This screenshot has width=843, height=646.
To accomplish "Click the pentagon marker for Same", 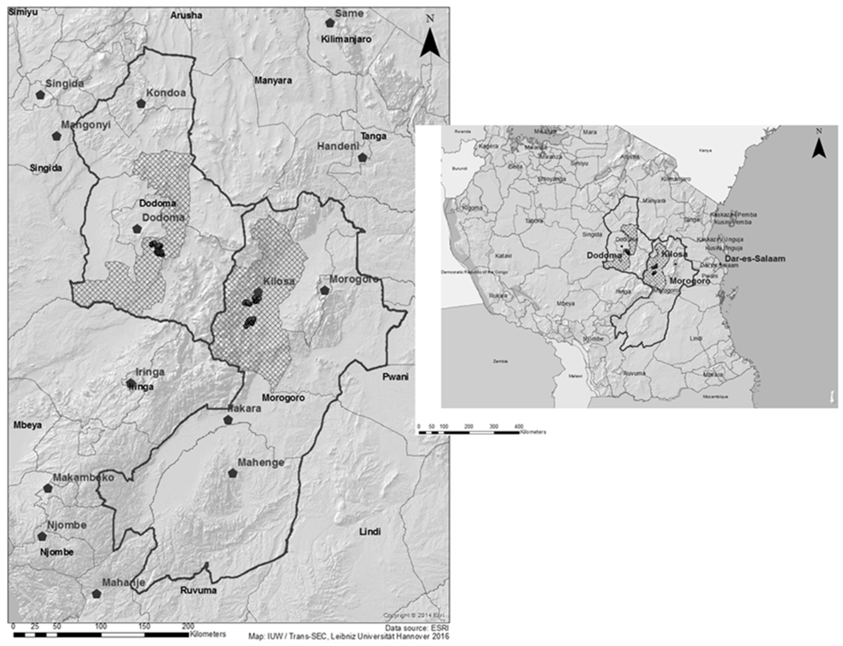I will click(x=330, y=23).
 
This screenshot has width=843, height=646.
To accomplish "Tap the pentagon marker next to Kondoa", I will click(x=141, y=103).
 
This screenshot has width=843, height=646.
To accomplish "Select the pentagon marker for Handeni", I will click(x=362, y=158).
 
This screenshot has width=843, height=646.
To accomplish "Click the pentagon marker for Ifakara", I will click(x=228, y=420).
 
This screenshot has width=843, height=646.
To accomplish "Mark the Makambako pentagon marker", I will click(x=48, y=488).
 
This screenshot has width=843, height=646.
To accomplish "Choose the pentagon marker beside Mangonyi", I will click(x=57, y=136).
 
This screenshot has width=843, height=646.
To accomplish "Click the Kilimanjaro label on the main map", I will click(x=346, y=39).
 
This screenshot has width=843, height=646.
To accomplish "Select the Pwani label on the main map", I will click(x=395, y=377).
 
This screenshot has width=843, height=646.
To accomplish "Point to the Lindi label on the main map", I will click(x=370, y=532).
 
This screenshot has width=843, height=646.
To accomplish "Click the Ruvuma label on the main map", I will click(x=198, y=590).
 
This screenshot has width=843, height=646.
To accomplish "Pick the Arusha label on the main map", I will click(x=186, y=16).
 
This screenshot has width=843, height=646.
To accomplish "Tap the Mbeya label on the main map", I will click(x=27, y=425).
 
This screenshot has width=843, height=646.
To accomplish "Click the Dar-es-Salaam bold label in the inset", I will click(x=755, y=259).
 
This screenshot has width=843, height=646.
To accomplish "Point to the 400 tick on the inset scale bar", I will click(x=519, y=427).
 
